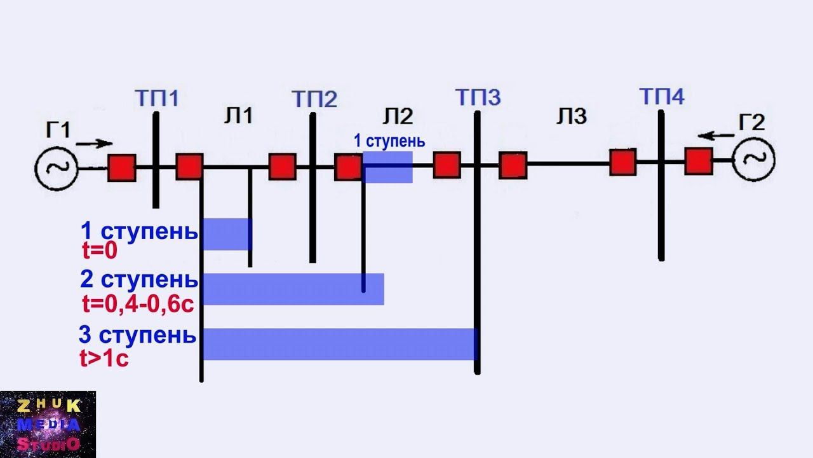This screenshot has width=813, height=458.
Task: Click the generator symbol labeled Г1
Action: point(56,168)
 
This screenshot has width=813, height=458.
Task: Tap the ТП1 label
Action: point(156,99)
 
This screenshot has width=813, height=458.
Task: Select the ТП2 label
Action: point(314,100)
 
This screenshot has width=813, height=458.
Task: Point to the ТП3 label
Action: point(478,97)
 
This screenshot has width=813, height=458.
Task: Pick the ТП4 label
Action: point(662,97)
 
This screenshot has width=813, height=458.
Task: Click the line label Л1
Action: point(239,116)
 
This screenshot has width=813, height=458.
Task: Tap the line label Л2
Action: point(398,116)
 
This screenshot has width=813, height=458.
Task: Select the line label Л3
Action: point(572,116)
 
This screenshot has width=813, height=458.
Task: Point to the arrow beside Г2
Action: point(713,135)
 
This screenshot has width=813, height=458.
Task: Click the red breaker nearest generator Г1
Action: point(121,168)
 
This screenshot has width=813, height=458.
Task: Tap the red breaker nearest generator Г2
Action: point(699,161)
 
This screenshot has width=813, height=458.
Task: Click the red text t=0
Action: point(100,252)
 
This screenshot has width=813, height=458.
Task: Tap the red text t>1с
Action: point(104,359)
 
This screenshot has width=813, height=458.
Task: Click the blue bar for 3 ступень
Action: point(339,344)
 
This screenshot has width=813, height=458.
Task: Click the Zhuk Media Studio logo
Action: point(48,424)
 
